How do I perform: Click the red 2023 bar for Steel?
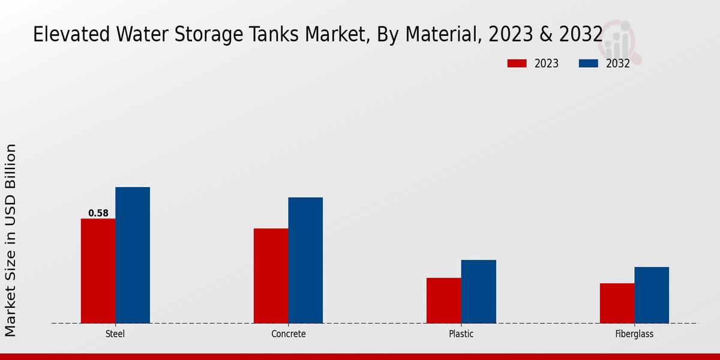(x=98, y=271)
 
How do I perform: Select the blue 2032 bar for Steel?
(x=133, y=255)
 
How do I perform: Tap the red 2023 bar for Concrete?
(x=271, y=275)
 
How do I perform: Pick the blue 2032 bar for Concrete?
(x=305, y=260)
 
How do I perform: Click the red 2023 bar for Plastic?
(x=443, y=300)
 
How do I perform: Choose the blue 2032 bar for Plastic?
(x=479, y=291)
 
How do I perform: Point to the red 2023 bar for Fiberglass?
(x=617, y=303)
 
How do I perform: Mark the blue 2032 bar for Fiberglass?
(x=652, y=295)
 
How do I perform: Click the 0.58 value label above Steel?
(x=98, y=213)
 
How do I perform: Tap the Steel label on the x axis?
(x=115, y=334)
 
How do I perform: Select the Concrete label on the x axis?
(x=288, y=334)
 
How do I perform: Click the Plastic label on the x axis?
(x=461, y=334)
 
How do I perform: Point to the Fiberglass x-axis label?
(x=634, y=334)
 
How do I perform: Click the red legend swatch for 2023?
(x=517, y=64)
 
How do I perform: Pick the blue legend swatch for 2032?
(x=588, y=64)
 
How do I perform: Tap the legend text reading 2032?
(x=617, y=64)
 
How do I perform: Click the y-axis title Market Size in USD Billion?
(x=11, y=240)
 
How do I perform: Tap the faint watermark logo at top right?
(x=619, y=41)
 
